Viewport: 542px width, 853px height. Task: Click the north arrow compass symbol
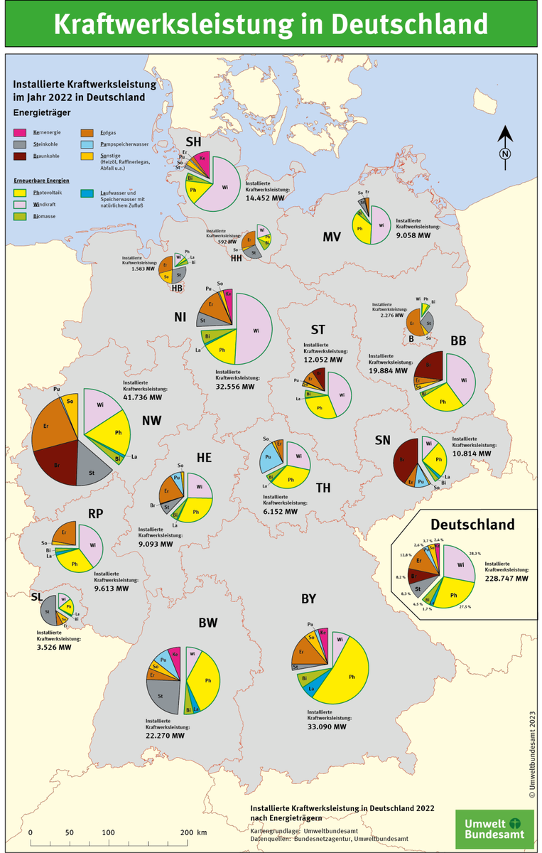click(505, 148)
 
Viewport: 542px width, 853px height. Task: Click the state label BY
click(308, 599)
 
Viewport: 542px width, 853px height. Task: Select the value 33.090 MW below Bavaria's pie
click(327, 726)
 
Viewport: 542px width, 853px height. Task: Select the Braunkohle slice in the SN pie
click(404, 458)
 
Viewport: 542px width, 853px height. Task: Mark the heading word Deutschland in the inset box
click(472, 525)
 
